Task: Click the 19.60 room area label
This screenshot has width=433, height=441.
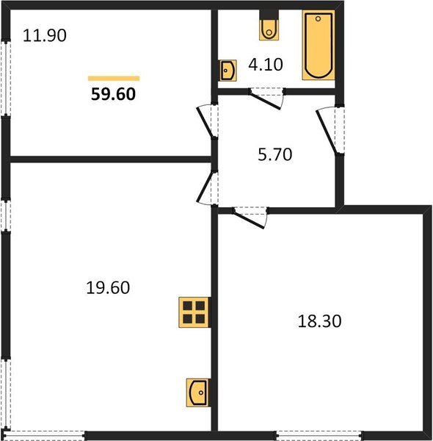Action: click(x=108, y=287)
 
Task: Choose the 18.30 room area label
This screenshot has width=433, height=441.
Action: click(x=321, y=321)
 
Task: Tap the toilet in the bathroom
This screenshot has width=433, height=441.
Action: click(x=269, y=28)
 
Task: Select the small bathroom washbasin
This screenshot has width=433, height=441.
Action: click(x=228, y=71)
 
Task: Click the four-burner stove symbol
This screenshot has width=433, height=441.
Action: click(x=194, y=312)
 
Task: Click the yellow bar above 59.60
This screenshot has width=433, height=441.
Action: click(x=114, y=77)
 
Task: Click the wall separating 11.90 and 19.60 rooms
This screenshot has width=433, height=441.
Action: click(x=110, y=158)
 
